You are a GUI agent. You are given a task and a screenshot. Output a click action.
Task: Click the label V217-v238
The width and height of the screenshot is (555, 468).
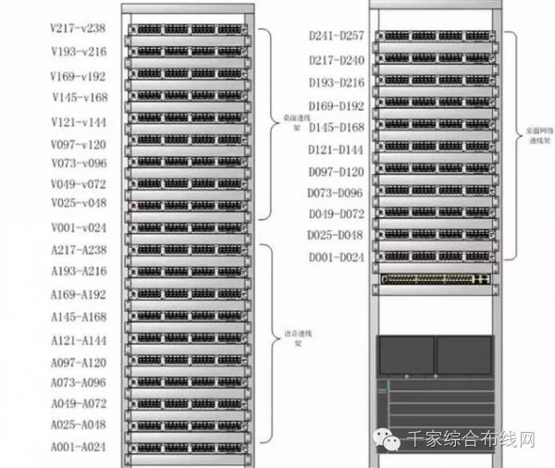[79, 29]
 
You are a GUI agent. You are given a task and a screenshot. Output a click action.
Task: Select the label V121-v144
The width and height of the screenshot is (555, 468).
[79, 122]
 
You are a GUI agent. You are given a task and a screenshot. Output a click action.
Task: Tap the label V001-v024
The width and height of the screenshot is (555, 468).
[79, 228]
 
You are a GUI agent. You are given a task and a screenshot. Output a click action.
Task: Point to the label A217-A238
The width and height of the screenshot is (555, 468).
[79, 250]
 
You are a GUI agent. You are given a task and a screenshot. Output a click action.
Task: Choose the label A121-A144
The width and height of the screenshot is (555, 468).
[79, 340]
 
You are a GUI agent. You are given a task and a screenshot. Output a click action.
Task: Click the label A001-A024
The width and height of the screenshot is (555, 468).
[79, 447]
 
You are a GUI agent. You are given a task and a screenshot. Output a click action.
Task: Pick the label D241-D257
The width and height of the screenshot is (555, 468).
[337, 36]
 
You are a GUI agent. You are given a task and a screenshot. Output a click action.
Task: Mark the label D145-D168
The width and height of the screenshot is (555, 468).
[337, 127]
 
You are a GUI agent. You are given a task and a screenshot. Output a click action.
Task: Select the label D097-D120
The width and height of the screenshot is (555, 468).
[337, 172]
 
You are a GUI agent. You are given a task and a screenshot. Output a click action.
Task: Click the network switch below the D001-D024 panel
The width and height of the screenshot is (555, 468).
[436, 278]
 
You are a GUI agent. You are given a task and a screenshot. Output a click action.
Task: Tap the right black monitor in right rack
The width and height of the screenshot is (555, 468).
[464, 353]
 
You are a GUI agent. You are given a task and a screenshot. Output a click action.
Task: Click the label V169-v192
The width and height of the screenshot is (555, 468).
[79, 77]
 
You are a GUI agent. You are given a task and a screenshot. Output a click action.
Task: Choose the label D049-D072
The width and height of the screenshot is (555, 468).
[337, 214]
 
